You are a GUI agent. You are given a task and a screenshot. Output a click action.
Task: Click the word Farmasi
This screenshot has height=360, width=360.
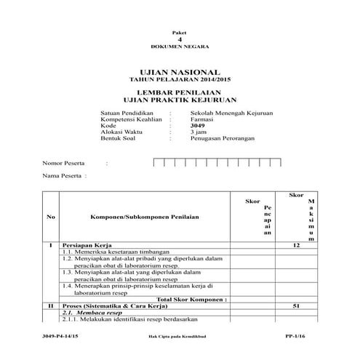[201, 120]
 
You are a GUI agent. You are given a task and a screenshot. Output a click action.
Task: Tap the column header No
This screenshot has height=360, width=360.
[49, 217]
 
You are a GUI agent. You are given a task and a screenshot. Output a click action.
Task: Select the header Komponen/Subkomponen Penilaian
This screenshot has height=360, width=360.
[135, 217]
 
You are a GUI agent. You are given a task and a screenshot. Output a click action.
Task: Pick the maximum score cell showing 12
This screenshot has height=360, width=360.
[295, 246]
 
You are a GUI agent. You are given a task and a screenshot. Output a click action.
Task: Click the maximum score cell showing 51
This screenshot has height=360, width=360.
[295, 306]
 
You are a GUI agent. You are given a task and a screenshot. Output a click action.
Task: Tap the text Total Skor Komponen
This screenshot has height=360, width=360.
[193, 299]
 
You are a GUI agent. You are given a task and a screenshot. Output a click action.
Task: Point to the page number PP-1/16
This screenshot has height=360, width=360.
[295, 339]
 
